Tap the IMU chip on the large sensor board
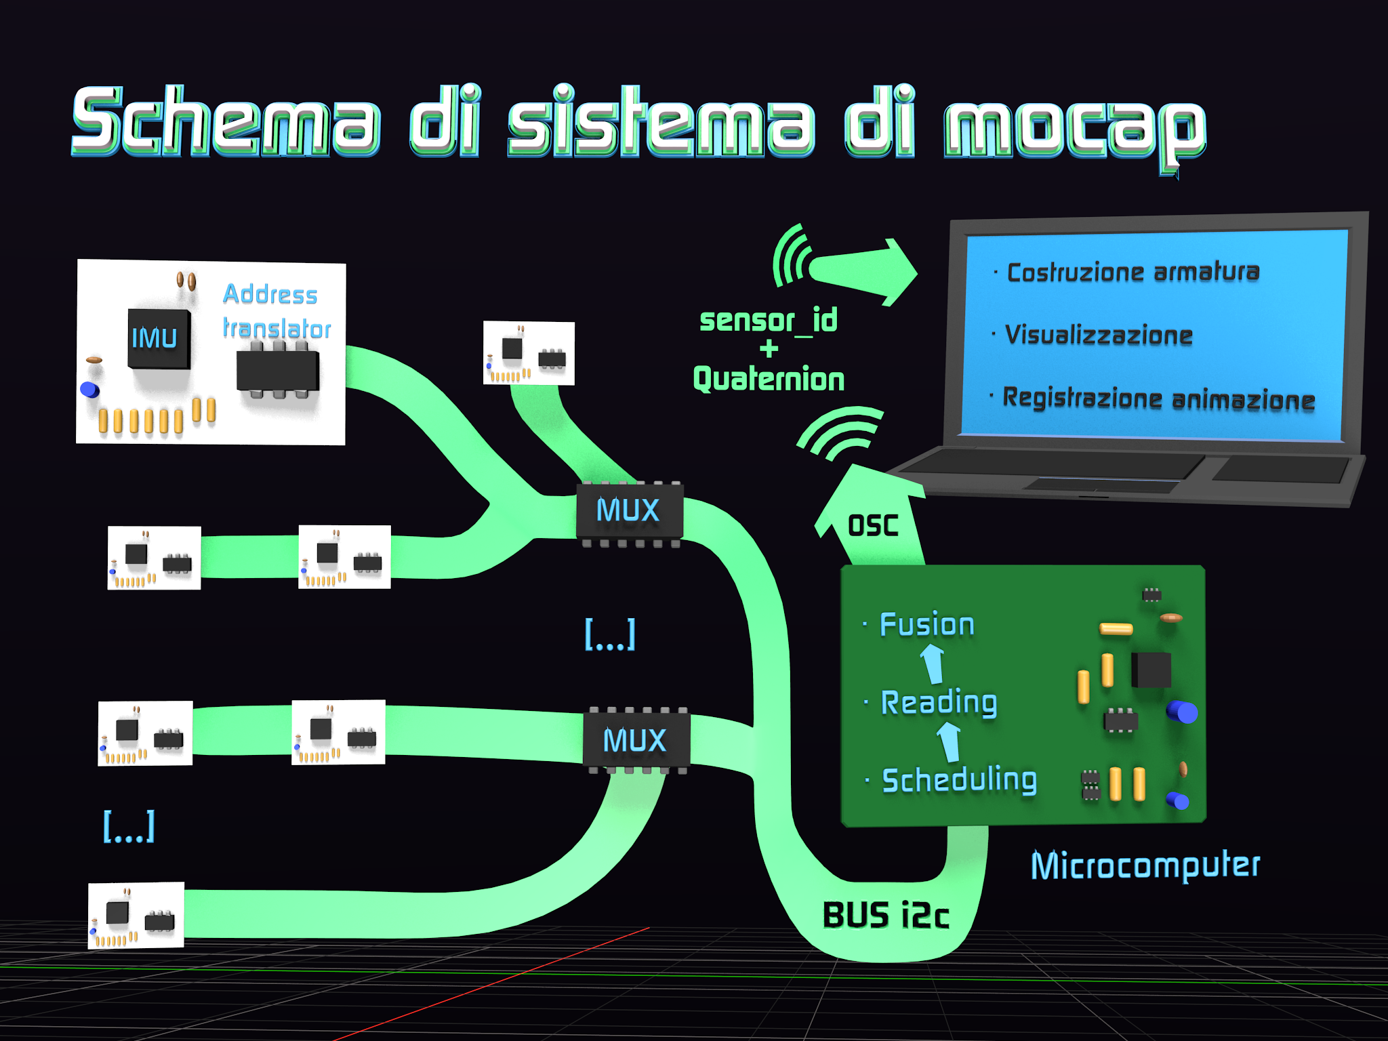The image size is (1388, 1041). [x=159, y=338]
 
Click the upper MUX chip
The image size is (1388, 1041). [x=629, y=510]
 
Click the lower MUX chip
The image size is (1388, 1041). [x=636, y=740]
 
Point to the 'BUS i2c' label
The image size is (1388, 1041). [x=885, y=916]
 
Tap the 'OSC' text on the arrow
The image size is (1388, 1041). [x=873, y=525]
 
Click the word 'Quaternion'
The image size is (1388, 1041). [x=769, y=379]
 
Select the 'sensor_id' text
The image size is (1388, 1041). [x=768, y=320]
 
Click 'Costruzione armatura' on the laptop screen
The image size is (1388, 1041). [x=1132, y=272]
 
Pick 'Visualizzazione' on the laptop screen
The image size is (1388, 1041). [x=1098, y=335]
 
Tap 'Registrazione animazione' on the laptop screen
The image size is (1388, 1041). [x=1158, y=399]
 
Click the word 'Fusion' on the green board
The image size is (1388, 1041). [x=926, y=624]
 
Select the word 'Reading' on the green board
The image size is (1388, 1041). [x=939, y=702]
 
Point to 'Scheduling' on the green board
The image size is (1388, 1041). [x=959, y=780]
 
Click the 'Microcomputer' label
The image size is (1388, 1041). [x=1145, y=865]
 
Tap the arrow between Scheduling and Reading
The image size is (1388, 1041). [x=950, y=741]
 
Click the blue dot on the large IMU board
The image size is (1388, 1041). [x=89, y=390]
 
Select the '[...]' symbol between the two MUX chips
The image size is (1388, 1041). [x=610, y=634]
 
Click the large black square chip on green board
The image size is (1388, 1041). [x=1151, y=670]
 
